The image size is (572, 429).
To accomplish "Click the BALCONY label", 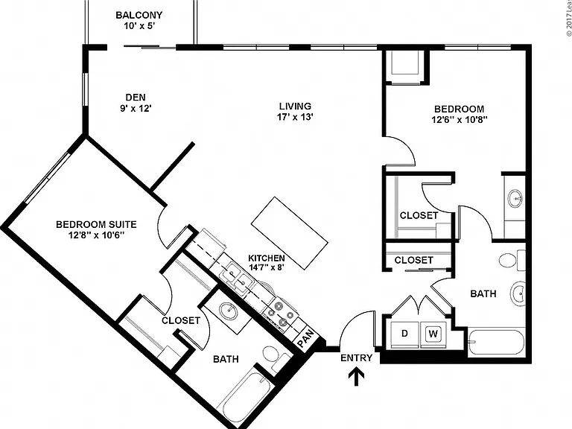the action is (139, 16).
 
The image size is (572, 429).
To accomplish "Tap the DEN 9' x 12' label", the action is (136, 103).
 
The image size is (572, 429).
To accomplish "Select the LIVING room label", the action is (295, 107).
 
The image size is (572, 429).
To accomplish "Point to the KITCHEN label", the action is (267, 258).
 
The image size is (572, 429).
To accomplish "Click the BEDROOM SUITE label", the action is (96, 224).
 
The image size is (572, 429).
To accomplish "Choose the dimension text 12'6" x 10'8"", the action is (460, 120).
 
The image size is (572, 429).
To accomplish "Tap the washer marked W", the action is (433, 334).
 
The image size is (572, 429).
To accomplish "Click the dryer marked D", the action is (404, 334).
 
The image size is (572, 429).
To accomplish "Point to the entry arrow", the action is (356, 377).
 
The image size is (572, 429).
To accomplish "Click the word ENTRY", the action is (357, 357).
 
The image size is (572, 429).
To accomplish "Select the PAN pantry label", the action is (305, 339).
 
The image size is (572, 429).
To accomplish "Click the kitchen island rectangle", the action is (289, 233).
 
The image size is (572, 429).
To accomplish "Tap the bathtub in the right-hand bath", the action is (496, 342).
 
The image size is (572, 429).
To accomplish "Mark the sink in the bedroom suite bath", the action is (229, 311).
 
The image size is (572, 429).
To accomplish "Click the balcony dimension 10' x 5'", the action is (140, 26).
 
